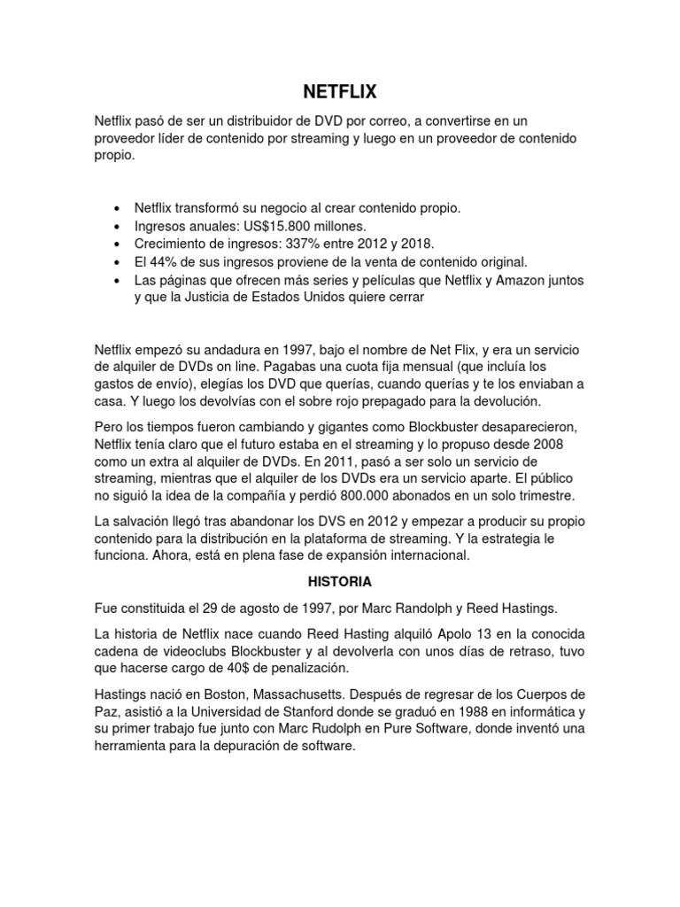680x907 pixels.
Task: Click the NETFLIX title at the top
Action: [340, 90]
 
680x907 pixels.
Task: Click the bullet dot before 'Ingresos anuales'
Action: [119, 227]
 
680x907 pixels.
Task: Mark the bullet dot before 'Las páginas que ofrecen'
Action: [119, 281]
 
